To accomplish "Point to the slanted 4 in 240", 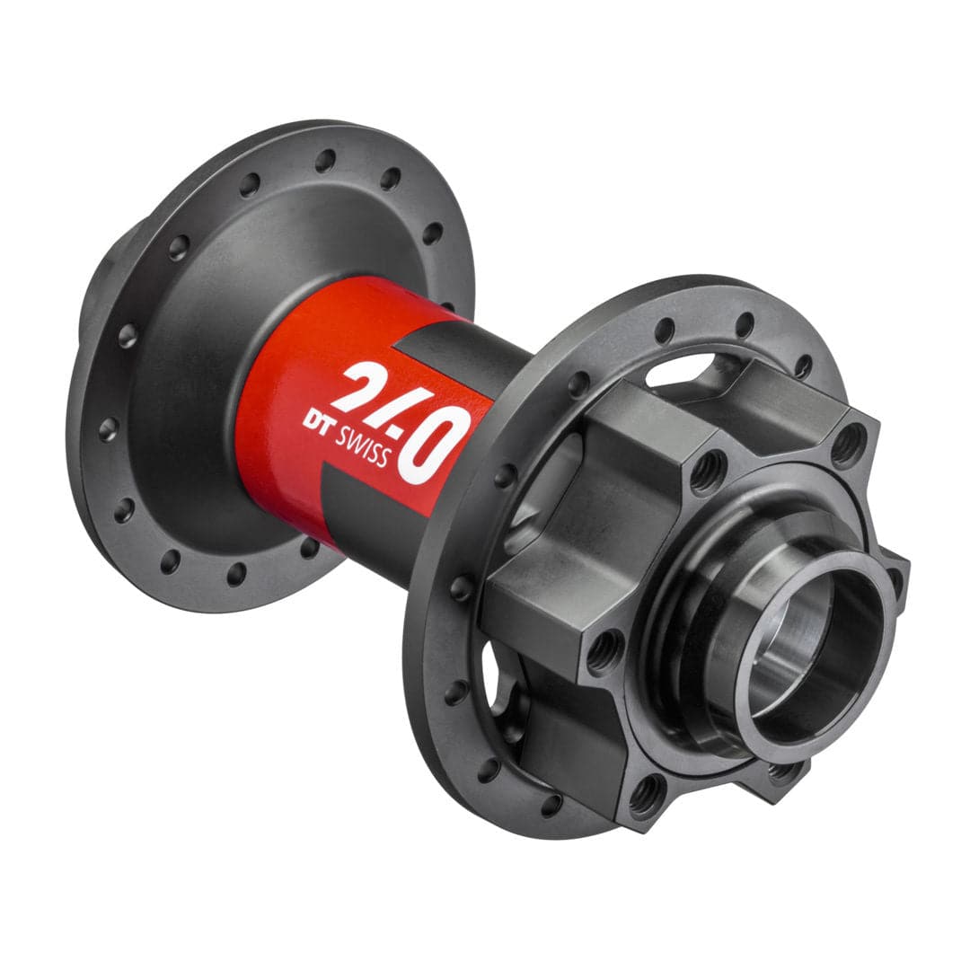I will [400, 415].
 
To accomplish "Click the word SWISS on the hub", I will [365, 446].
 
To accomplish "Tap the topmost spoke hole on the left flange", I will [324, 161].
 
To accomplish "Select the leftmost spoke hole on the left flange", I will [107, 428].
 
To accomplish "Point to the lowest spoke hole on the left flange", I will [236, 574].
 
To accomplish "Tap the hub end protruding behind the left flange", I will [90, 296].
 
